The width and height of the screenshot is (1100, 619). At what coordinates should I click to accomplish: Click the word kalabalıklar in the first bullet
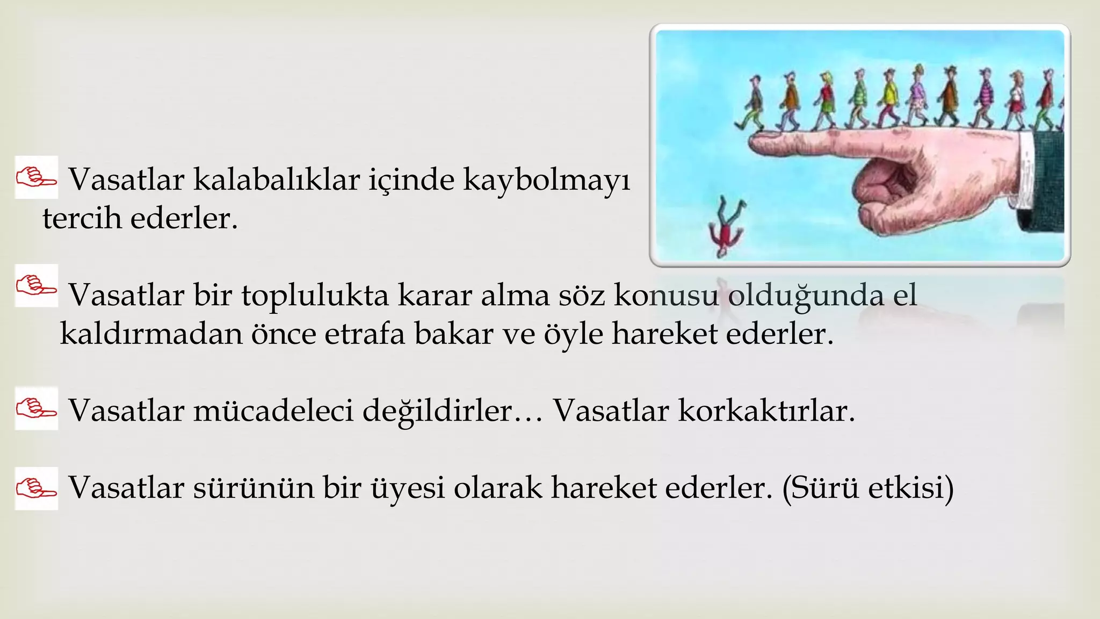(x=276, y=179)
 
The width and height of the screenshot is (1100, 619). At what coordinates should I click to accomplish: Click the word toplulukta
(x=315, y=296)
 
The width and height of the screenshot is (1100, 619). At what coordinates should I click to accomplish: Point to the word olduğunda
(x=806, y=296)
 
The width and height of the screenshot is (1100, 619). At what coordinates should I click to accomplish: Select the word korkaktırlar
(x=766, y=411)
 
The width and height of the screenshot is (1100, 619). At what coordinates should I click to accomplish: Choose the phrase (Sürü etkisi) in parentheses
(x=868, y=488)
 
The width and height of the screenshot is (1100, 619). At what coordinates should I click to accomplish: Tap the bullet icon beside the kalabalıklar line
(x=36, y=177)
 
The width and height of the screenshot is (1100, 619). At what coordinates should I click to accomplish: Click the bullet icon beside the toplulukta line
(x=36, y=285)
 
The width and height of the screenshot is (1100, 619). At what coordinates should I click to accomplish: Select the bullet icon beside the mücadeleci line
(x=36, y=408)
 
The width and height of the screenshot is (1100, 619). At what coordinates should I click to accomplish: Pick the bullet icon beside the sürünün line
(x=36, y=488)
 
